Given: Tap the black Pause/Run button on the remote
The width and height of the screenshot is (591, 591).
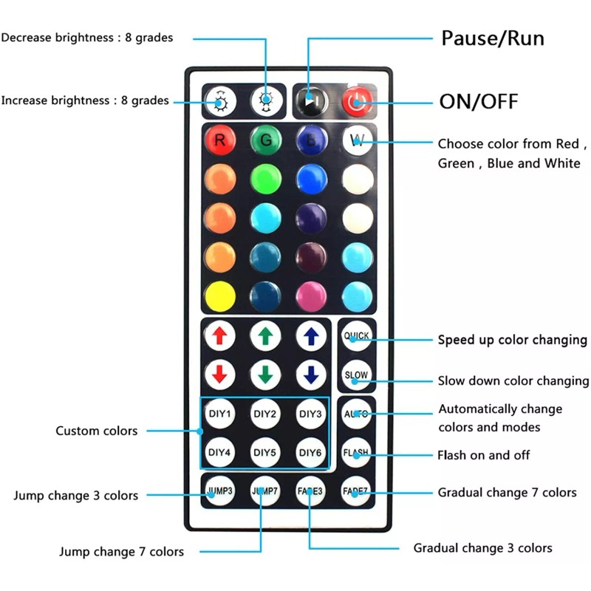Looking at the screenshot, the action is click(x=311, y=101).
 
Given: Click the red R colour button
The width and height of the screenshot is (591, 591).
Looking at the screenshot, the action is click(x=220, y=140).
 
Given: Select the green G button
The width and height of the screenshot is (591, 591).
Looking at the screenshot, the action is click(x=266, y=140).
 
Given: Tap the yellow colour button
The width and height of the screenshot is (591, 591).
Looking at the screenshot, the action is click(x=220, y=296).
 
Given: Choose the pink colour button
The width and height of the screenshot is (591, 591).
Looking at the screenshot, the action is click(x=311, y=296).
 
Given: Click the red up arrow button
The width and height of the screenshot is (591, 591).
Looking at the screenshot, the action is click(x=220, y=336).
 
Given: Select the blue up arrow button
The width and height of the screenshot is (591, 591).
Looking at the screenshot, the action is click(x=311, y=336).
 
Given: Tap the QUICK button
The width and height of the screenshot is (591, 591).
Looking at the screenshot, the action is click(x=356, y=336).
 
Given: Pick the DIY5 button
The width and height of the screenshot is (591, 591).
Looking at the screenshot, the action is click(x=265, y=452).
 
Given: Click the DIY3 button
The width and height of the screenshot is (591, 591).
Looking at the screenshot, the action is click(x=310, y=414).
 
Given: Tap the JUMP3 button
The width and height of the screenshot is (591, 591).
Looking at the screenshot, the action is click(x=220, y=491).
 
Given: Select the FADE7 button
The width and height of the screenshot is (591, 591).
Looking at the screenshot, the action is click(x=355, y=491).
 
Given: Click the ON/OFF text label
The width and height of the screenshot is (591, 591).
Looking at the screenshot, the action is click(x=479, y=101).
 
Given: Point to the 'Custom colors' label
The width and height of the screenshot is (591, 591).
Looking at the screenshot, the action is click(x=97, y=431).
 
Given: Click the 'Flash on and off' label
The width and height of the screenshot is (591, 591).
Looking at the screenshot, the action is click(x=484, y=455).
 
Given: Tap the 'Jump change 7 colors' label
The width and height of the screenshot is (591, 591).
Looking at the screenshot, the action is click(x=121, y=552).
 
